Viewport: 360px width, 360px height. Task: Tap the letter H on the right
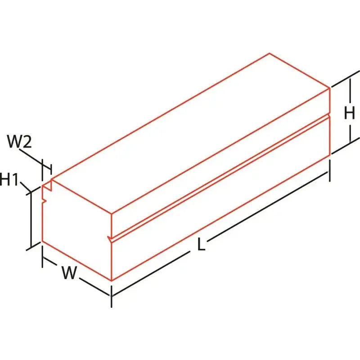350,114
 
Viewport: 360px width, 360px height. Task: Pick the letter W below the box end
69,273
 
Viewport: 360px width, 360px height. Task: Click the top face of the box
190,133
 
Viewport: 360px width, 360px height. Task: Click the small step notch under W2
47,185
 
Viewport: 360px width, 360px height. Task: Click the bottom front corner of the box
111,280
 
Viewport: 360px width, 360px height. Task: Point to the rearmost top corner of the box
270,53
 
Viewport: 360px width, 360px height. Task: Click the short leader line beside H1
26,187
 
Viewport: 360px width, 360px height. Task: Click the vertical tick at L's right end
330,171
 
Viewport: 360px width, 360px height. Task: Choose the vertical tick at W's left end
42,256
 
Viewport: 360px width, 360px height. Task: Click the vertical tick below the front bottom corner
111,297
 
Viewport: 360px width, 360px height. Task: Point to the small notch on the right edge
330,115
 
